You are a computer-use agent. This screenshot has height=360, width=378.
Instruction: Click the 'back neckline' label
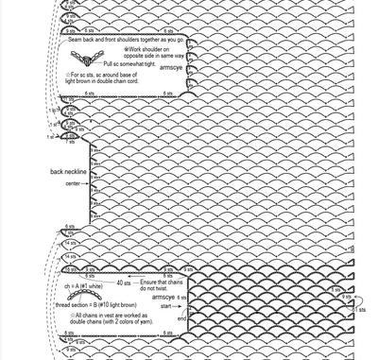click(x=68, y=172)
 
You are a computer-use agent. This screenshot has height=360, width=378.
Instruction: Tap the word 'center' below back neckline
click(x=72, y=183)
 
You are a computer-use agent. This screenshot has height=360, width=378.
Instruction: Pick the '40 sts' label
click(x=123, y=283)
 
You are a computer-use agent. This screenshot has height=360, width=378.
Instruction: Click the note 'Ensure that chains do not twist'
click(x=163, y=286)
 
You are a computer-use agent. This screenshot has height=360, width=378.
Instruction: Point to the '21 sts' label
click(x=360, y=310)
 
